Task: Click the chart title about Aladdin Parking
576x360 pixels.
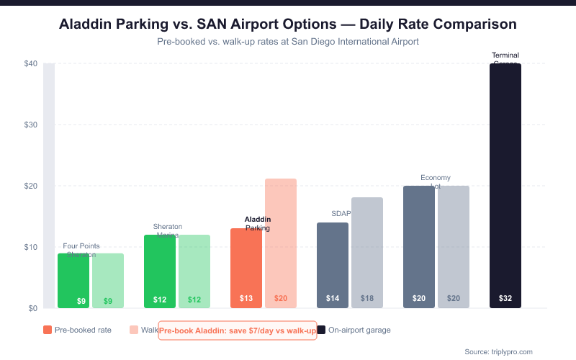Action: [x=288, y=24]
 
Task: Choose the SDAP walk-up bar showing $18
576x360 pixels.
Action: [x=367, y=253]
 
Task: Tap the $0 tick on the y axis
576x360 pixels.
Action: [x=32, y=309]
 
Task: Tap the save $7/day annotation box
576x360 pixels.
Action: [x=238, y=330]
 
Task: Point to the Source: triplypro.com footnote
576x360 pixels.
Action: [x=498, y=351]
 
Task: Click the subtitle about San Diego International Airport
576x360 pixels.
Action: [x=288, y=42]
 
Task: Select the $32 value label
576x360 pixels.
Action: [x=505, y=299]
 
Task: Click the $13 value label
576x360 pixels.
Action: [x=246, y=299]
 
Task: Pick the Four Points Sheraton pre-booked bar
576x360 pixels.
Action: [x=73, y=281]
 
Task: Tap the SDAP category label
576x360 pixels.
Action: [x=341, y=214]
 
